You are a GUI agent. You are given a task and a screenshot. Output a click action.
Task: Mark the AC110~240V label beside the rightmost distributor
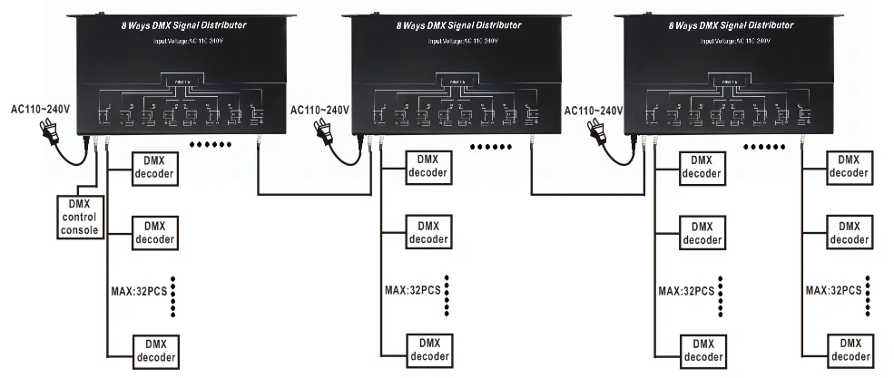(594, 110)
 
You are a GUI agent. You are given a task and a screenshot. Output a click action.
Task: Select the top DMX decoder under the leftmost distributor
(155, 166)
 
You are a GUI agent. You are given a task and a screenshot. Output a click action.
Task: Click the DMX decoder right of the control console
(155, 233)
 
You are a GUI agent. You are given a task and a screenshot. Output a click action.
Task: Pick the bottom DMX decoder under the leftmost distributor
(155, 351)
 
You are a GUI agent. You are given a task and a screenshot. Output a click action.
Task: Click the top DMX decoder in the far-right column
(849, 166)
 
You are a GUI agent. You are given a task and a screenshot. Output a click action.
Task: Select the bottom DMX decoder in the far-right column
(849, 351)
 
